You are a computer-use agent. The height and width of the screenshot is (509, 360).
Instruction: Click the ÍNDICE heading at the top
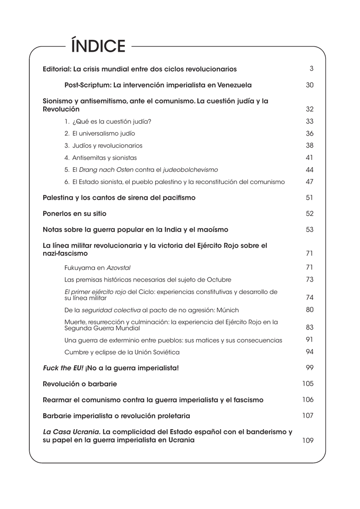(x=98, y=46)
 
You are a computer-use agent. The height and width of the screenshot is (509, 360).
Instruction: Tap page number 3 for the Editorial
(x=311, y=68)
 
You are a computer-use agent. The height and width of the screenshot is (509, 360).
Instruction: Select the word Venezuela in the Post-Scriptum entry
(x=234, y=85)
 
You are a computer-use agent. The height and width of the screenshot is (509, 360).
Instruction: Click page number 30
(x=310, y=85)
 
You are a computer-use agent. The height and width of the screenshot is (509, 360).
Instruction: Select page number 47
(x=310, y=182)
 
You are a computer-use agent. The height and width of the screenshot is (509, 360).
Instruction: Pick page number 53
(x=310, y=229)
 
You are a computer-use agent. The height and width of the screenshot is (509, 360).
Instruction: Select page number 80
(x=310, y=310)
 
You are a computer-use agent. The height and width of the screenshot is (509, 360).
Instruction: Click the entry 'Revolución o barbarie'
(x=80, y=384)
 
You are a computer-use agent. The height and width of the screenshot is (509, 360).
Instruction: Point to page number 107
(x=308, y=416)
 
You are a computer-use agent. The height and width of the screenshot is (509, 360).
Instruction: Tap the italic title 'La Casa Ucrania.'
(x=72, y=432)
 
